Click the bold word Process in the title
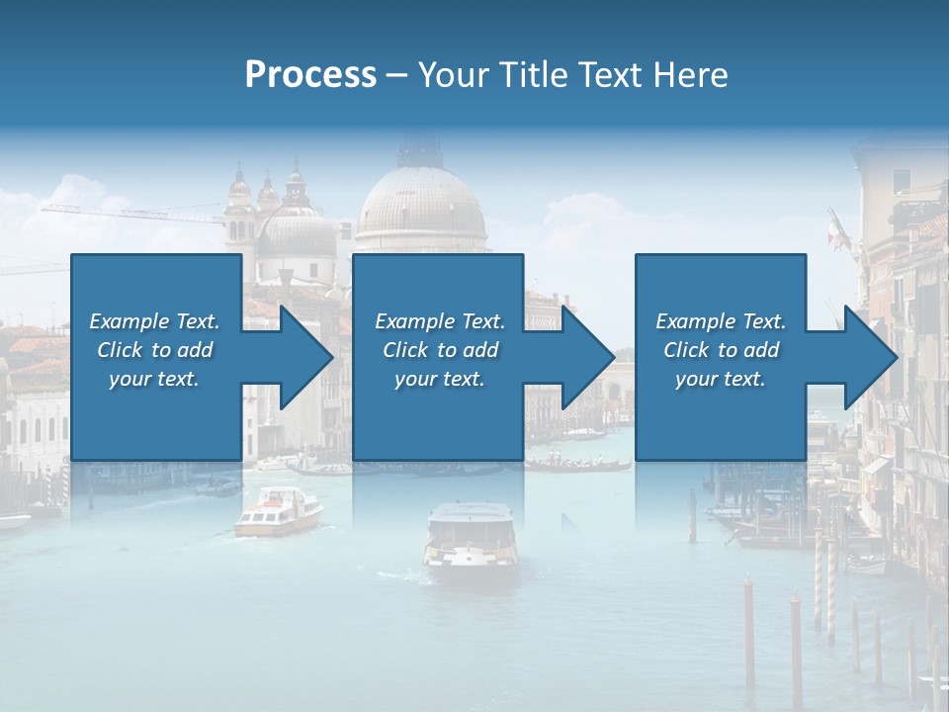(310, 74)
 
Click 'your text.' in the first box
(154, 379)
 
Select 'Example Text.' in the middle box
(440, 321)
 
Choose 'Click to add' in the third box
(722, 350)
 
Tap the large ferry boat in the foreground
(471, 539)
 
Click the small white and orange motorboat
(279, 512)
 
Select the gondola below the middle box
(577, 465)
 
